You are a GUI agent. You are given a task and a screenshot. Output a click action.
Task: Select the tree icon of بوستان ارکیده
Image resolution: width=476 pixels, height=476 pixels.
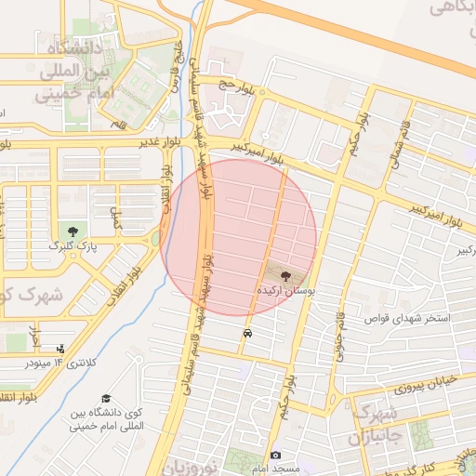(285, 275)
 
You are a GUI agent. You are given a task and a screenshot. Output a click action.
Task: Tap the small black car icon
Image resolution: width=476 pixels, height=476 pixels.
(246, 333)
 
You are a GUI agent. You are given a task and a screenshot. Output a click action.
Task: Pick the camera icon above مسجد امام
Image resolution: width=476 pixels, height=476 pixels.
(276, 455)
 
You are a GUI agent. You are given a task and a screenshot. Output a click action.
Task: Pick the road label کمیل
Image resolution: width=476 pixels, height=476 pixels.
(116, 219)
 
